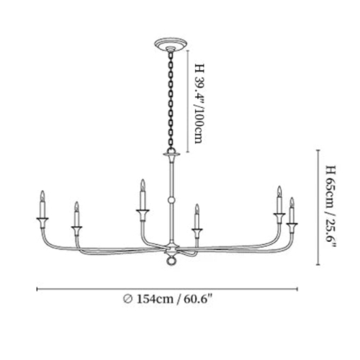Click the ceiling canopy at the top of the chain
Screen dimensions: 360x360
[x=171, y=45]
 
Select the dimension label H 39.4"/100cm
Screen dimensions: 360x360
[x=199, y=104]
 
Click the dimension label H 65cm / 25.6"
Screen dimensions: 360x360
[x=330, y=207]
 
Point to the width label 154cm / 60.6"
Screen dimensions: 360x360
[x=175, y=300]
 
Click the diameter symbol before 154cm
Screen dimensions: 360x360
[x=127, y=300]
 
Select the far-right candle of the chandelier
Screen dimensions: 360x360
[x=292, y=210]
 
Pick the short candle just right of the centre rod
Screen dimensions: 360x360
[x=197, y=217]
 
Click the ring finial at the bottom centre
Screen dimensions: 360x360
[x=171, y=261]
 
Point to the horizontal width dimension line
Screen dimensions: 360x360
[x=167, y=289]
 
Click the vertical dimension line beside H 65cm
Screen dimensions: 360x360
[x=318, y=207]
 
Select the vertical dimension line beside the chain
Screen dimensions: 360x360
[x=188, y=102]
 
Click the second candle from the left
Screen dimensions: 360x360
[x=76, y=215]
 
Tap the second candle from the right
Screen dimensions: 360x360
[x=279, y=199]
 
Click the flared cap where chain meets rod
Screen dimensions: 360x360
[x=171, y=155]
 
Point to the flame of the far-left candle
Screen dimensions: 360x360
[x=42, y=196]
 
